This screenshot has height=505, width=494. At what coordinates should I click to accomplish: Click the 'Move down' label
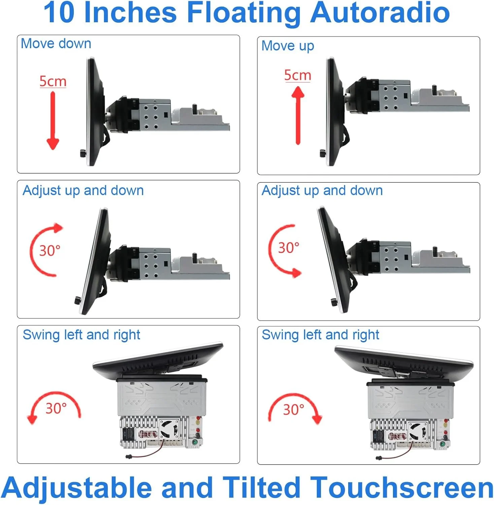point(56,44)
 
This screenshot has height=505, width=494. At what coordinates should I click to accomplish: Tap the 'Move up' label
point(288,46)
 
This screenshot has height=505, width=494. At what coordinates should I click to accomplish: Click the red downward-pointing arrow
point(53,120)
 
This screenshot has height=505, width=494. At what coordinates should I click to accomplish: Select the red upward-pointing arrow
point(298,115)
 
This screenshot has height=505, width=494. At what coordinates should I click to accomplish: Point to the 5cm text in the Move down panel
point(53,81)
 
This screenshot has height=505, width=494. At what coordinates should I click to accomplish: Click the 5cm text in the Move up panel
point(298,75)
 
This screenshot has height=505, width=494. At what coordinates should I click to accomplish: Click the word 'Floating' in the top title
point(243,13)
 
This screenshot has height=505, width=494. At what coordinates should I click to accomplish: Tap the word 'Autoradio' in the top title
point(380,13)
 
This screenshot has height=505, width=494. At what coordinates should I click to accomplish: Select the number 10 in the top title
point(59,13)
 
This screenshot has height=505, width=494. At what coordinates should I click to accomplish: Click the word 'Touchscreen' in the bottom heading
point(401,487)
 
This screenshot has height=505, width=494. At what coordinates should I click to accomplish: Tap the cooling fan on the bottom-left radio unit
point(169,429)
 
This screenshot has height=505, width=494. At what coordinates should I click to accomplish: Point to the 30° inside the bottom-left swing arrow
point(56,408)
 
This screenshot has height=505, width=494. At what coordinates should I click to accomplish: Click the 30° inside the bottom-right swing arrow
point(294,410)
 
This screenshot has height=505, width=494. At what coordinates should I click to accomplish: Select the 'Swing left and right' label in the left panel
point(81,335)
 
